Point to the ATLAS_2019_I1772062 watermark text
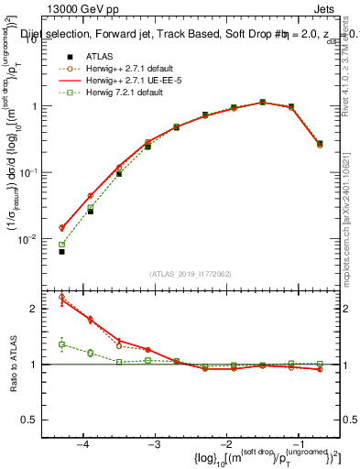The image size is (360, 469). coord(191,274)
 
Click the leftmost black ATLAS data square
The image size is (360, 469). coord(61,251)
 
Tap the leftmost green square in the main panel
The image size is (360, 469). coord(61,245)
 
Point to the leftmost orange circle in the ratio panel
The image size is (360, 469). coord(61,297)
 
